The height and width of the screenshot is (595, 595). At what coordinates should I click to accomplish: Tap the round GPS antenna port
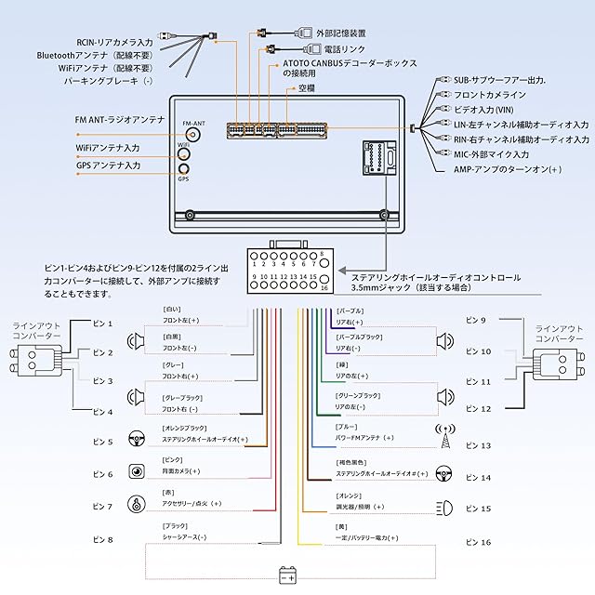click(x=183, y=168)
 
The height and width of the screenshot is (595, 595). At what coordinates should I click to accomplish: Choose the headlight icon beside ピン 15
click(x=444, y=509)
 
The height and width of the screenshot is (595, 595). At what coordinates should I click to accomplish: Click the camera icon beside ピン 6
click(x=136, y=472)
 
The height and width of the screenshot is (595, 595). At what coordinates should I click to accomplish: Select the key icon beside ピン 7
click(x=136, y=506)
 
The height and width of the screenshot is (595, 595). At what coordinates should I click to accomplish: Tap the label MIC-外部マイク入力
click(x=491, y=154)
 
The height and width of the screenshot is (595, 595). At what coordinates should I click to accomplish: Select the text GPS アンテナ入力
click(x=108, y=165)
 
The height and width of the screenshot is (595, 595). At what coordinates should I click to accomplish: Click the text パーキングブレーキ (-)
click(x=109, y=81)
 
